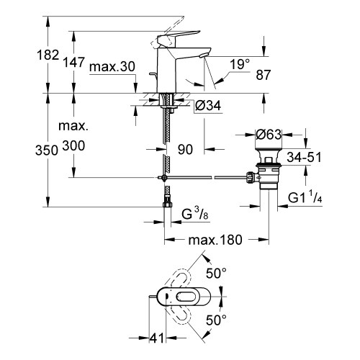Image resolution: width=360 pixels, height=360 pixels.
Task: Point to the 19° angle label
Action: tap(240, 65)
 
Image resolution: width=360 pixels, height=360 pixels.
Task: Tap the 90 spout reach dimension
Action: tap(186, 149)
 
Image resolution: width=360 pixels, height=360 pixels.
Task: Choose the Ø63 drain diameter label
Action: tap(269, 134)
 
